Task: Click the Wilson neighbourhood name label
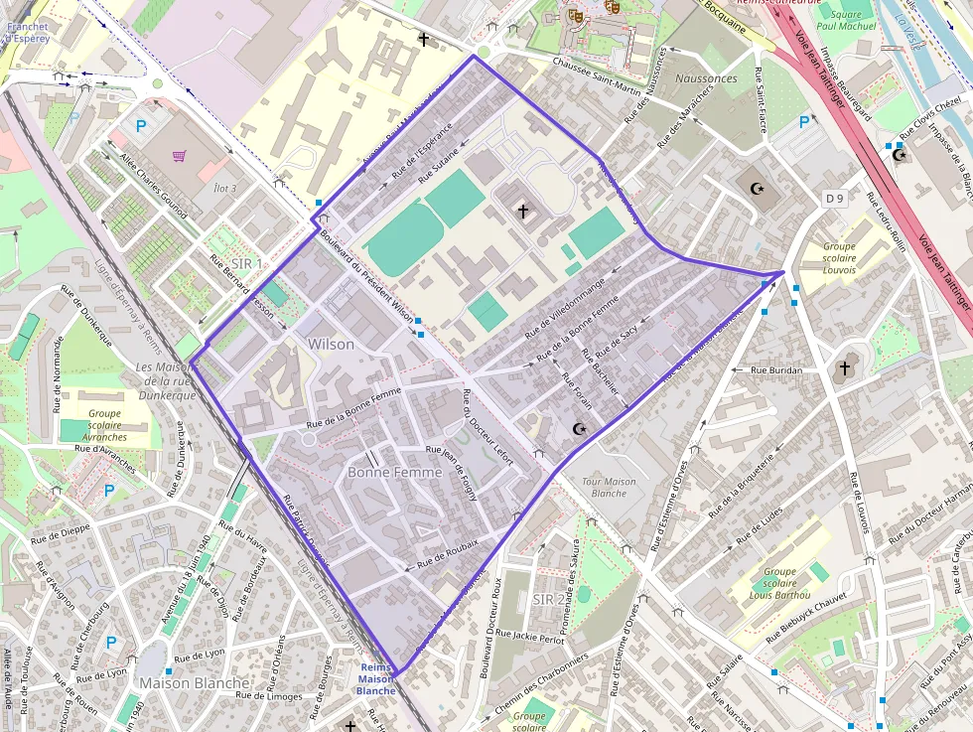point(331,344)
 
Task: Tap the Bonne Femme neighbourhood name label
point(394,473)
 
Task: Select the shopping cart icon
point(179,156)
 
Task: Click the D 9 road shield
point(834,199)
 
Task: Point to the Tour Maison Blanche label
point(609,488)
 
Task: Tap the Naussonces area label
point(705,78)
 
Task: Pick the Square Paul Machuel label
point(847,21)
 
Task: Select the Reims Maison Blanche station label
point(376,678)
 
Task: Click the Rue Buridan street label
point(776,369)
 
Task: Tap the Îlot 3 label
point(224,188)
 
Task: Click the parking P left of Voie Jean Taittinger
point(804,122)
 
